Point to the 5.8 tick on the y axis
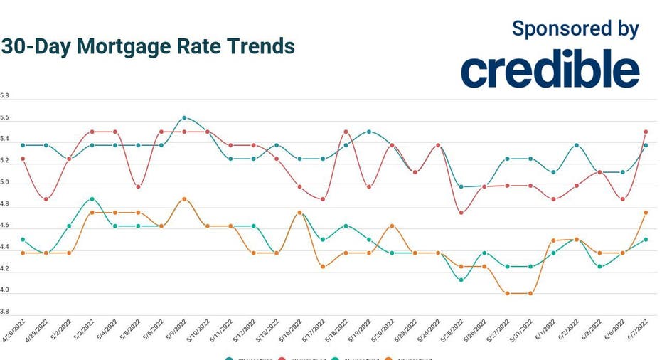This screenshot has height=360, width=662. (5, 95)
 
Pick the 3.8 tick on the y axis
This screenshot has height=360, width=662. (5, 312)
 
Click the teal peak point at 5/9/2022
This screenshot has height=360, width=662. (184, 118)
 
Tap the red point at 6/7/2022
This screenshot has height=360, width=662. (645, 132)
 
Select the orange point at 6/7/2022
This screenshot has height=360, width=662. (645, 213)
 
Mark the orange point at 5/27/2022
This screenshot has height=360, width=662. (507, 293)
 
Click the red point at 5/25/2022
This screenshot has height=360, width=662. (461, 213)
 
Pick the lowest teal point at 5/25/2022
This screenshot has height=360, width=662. (461, 280)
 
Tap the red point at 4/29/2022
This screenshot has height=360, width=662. (46, 199)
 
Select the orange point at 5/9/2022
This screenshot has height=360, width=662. (184, 199)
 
